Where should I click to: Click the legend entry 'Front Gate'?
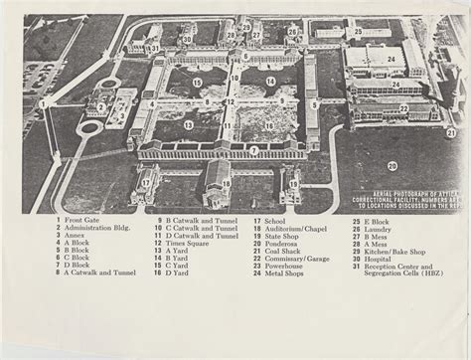pos(80,220)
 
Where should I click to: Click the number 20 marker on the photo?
pos(392,165)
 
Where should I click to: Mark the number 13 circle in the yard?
pos(189,125)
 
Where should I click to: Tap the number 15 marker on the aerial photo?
pos(197,83)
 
